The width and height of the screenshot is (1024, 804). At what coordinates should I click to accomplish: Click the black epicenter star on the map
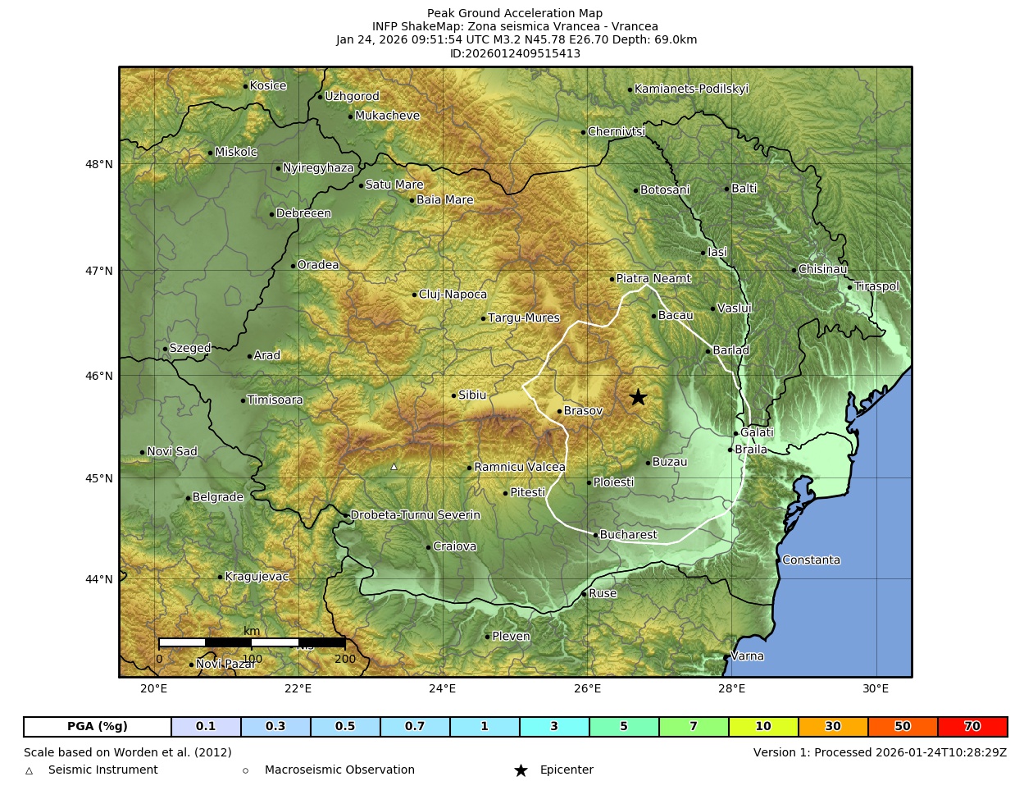coord(638,397)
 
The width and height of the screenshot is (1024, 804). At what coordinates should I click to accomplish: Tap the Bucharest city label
coord(628,535)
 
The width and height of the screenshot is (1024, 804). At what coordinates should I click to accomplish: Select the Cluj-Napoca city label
coord(453,295)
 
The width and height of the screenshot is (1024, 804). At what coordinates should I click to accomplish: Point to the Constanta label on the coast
coord(811,560)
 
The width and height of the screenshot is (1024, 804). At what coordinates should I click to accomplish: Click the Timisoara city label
coord(275,400)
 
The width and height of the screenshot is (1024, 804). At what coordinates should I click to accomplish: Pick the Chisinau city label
coord(822,269)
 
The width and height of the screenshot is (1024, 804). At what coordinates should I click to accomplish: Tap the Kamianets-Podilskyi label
coord(691,89)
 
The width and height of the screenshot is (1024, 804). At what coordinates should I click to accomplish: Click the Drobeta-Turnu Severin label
coord(415,515)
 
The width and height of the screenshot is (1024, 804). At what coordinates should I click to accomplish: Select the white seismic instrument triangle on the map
coord(394,467)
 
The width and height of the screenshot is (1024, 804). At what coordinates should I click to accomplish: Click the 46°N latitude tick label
coord(99,376)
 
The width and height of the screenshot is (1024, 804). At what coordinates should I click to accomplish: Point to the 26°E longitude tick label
coord(587,688)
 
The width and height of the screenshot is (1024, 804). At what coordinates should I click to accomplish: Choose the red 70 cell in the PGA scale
coord(972,727)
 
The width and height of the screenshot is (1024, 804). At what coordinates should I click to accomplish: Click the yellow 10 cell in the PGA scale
coord(763,727)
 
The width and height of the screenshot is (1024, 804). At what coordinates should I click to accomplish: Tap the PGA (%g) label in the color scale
coord(98,727)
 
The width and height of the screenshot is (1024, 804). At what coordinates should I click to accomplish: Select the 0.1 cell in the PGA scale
coord(206,727)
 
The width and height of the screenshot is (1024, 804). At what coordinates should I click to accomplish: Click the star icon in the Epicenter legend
coord(521,770)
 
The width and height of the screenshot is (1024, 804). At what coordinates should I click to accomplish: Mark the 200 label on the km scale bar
coord(345,659)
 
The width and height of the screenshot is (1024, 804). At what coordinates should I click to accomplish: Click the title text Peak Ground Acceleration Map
coord(515,13)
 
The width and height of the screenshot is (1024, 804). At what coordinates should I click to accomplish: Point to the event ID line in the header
coord(515,53)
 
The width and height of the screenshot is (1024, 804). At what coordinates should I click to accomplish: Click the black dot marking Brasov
coord(559,411)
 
